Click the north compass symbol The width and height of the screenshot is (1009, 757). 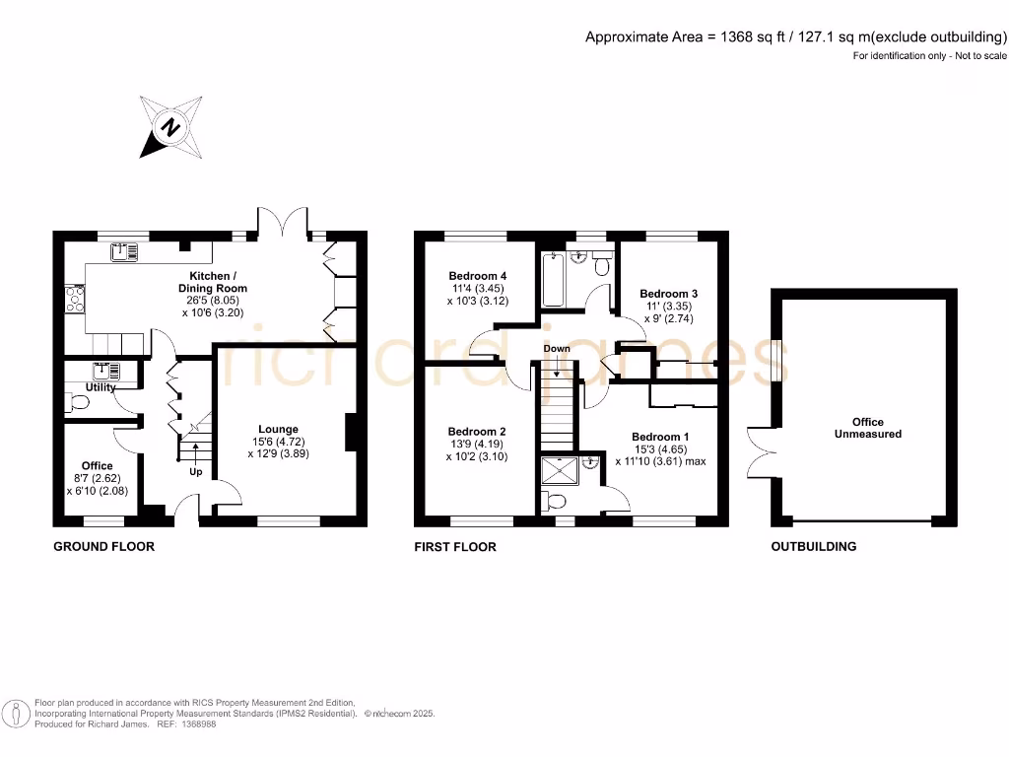172,127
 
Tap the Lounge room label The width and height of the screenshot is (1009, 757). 279,429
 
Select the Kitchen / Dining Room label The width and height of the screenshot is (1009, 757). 212,282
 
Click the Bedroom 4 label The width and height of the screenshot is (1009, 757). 478,275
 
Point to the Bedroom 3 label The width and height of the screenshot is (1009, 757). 668,294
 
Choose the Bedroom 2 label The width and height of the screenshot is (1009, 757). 477,432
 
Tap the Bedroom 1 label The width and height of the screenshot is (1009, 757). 660,437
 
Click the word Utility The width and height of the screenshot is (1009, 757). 101,387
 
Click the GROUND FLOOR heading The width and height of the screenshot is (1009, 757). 103,546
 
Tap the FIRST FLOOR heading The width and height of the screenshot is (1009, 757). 455,546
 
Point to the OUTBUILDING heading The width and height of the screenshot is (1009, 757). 813,546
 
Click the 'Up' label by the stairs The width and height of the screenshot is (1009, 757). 196,472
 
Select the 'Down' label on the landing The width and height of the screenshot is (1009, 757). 557,349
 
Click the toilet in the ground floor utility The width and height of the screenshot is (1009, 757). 79,402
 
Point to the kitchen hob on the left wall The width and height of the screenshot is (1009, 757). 73,298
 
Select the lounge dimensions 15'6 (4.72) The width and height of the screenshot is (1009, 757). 279,442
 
